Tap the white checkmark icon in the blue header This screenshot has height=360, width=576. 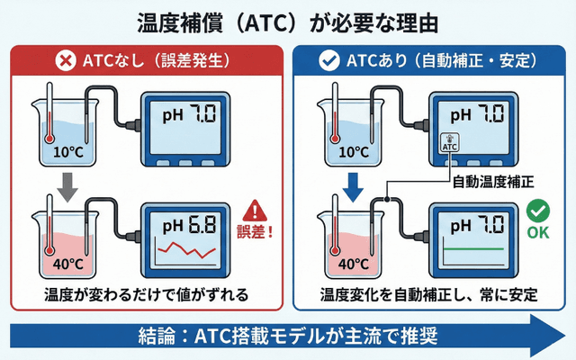(x=330, y=61)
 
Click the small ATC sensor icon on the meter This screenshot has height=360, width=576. (x=450, y=143)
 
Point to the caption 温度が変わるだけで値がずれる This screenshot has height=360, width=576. (x=146, y=294)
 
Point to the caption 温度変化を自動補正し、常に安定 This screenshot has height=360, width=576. (x=430, y=294)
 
